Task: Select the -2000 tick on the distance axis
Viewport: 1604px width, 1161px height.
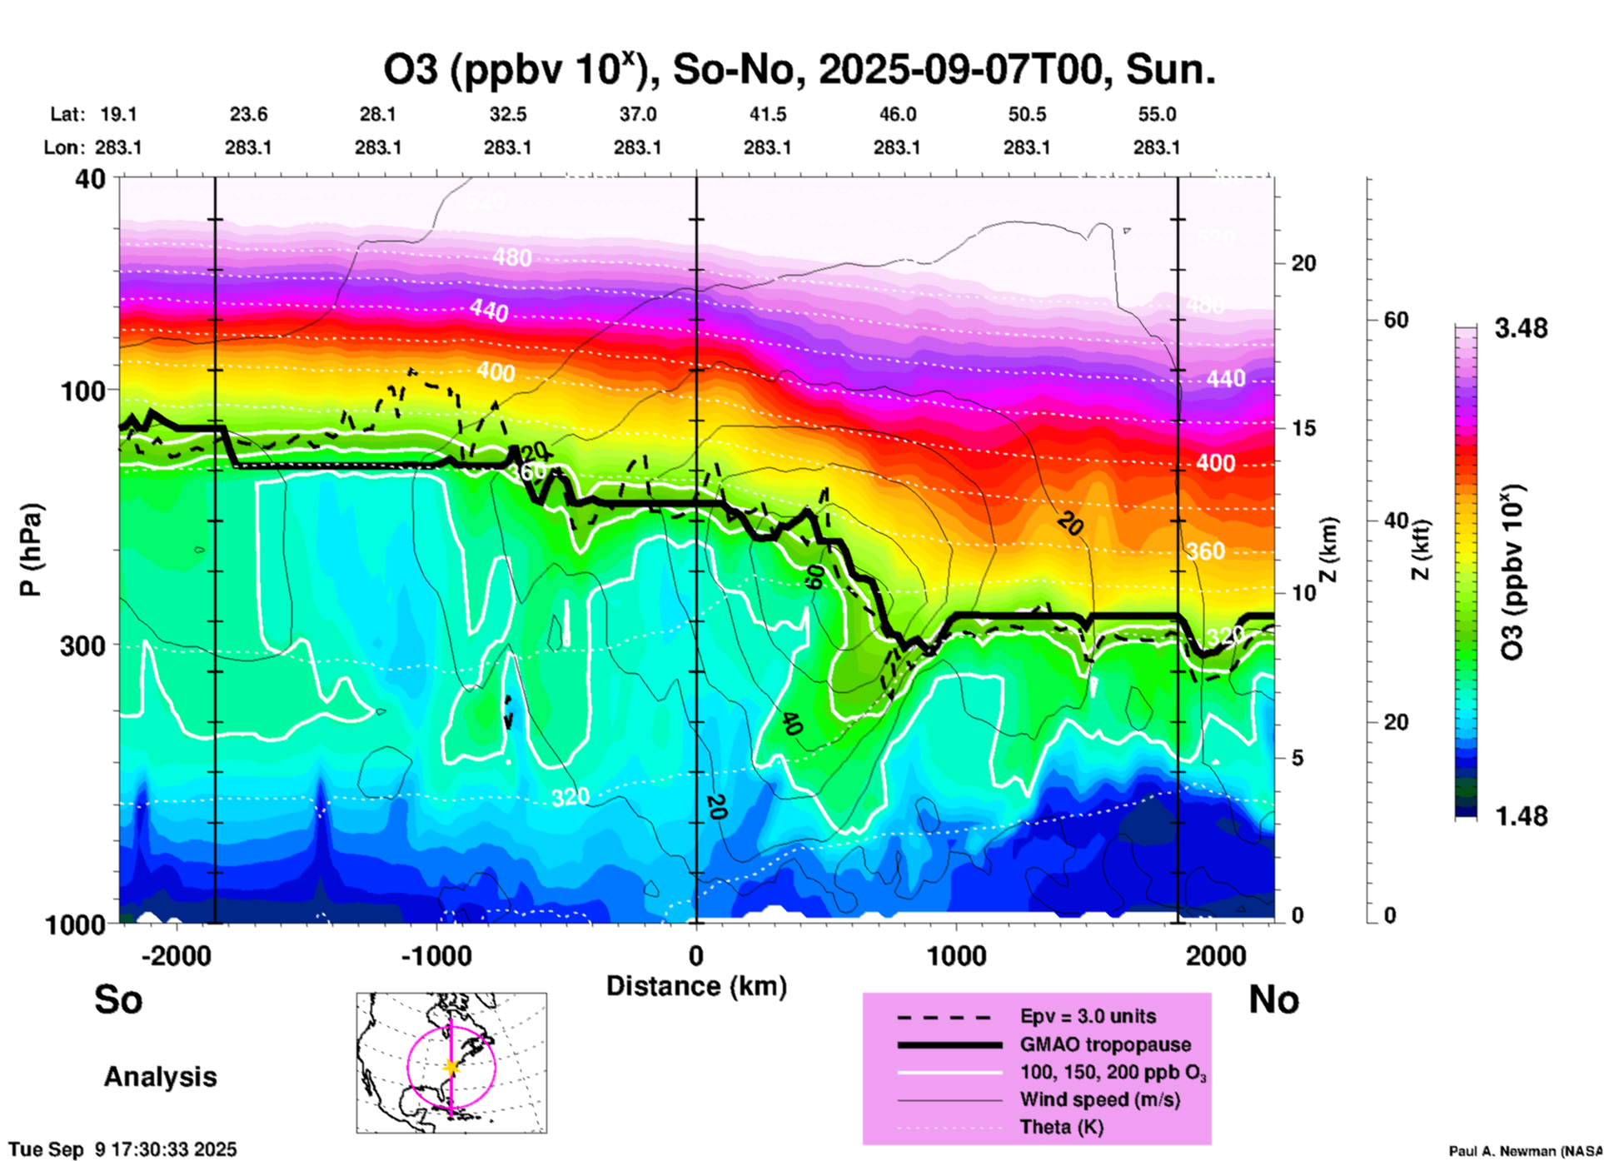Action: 176,955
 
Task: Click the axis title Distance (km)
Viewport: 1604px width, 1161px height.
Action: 696,986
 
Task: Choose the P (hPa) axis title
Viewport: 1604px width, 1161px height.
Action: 30,550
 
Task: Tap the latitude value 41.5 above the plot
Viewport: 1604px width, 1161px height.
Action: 767,114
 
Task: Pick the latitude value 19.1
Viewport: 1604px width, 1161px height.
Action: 118,114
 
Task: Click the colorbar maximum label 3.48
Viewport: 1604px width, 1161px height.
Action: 1521,329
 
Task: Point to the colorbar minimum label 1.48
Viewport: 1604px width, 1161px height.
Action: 1521,816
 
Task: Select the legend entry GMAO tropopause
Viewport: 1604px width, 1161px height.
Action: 1105,1044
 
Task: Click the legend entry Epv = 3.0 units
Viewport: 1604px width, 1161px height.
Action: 1088,1017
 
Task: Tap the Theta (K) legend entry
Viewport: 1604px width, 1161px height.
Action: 1062,1127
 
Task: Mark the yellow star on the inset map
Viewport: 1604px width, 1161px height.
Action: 451,1067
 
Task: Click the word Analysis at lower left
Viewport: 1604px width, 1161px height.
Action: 160,1077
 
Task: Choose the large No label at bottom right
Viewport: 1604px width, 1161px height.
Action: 1273,999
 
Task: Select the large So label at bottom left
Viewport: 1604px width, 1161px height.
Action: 118,999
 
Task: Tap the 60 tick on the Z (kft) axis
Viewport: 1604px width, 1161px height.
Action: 1396,320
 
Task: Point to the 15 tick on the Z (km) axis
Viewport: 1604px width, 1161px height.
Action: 1303,428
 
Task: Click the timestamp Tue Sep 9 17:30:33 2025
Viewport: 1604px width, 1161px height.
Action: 123,1149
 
